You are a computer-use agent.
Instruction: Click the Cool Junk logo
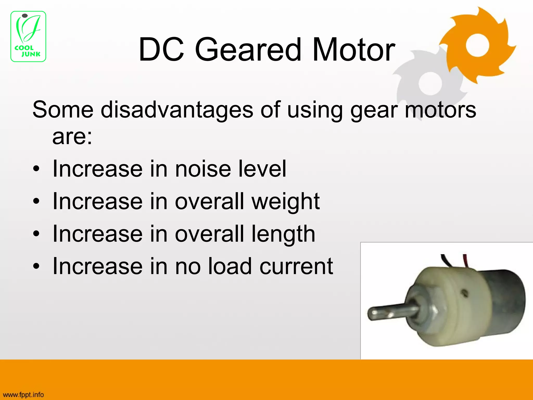(x=28, y=36)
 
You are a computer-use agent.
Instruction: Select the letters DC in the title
(x=161, y=49)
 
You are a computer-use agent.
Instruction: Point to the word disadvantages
(x=177, y=110)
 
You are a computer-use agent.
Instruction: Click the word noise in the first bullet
(x=203, y=169)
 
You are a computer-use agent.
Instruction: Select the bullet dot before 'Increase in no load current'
(x=36, y=266)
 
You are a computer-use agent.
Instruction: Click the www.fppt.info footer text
(x=23, y=395)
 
